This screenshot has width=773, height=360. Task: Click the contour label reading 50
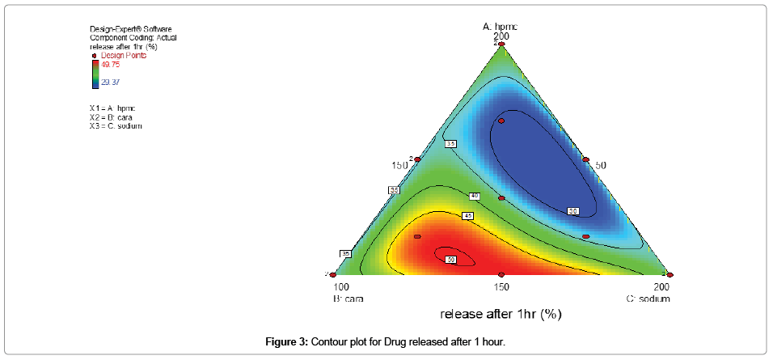tap(450, 259)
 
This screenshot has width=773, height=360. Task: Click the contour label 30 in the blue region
tap(573, 211)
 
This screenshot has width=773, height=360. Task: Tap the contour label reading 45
tap(467, 216)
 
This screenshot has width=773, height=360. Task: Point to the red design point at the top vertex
tap(501, 42)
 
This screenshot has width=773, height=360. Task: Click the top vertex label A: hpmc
tap(501, 26)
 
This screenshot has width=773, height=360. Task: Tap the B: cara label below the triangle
tap(348, 299)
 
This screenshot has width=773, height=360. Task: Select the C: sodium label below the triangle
tap(648, 299)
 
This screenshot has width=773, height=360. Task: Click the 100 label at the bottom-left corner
tap(341, 287)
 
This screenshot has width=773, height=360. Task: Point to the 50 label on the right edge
tap(601, 165)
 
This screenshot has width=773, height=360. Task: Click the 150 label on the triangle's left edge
tap(399, 165)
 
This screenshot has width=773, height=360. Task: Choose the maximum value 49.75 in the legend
tap(112, 65)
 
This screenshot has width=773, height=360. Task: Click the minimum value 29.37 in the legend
tap(111, 82)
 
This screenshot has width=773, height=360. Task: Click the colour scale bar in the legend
tap(95, 73)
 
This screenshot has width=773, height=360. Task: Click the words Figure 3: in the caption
tap(285, 342)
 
